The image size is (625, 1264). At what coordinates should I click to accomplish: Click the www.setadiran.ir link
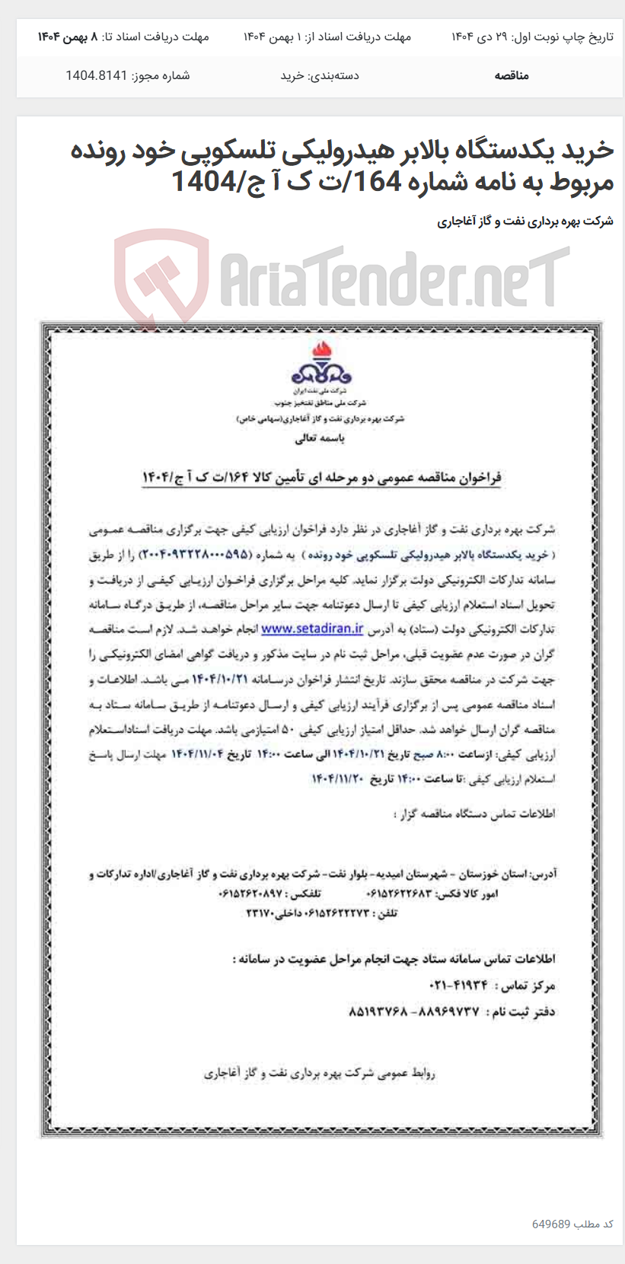click(x=312, y=629)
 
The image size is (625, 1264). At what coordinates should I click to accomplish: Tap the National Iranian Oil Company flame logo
click(x=321, y=365)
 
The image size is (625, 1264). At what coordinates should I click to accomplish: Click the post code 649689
click(x=551, y=1224)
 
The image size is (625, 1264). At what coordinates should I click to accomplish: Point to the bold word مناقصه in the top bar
click(x=512, y=75)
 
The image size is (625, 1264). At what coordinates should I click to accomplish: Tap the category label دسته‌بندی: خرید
click(x=320, y=75)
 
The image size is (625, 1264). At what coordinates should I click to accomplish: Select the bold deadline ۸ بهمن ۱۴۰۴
click(x=68, y=37)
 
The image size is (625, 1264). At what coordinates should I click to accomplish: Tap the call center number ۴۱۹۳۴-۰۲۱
click(x=458, y=985)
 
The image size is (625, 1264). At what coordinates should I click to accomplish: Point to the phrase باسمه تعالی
click(x=320, y=438)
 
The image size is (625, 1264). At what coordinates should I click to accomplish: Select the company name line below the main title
click(x=525, y=221)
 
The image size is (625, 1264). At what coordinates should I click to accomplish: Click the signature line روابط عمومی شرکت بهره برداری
click(x=320, y=1073)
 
